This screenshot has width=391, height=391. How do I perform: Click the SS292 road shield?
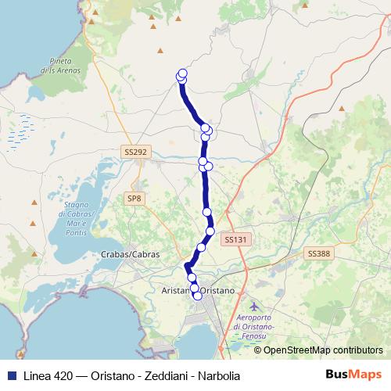[x=135, y=152]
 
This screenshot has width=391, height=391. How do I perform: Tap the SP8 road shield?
[x=135, y=199]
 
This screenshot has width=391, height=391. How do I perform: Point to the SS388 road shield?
[x=318, y=253]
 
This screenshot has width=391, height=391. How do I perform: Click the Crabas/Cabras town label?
[x=131, y=254]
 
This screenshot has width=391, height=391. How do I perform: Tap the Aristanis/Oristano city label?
[x=198, y=290]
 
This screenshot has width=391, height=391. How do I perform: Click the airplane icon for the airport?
[x=253, y=306]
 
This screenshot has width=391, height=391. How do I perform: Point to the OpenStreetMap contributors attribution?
[x=322, y=350]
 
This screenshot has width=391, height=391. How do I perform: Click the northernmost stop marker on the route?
[x=183, y=74]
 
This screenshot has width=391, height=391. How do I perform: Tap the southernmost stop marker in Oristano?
[x=198, y=296]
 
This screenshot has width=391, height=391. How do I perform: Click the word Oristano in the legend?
[x=104, y=375]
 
